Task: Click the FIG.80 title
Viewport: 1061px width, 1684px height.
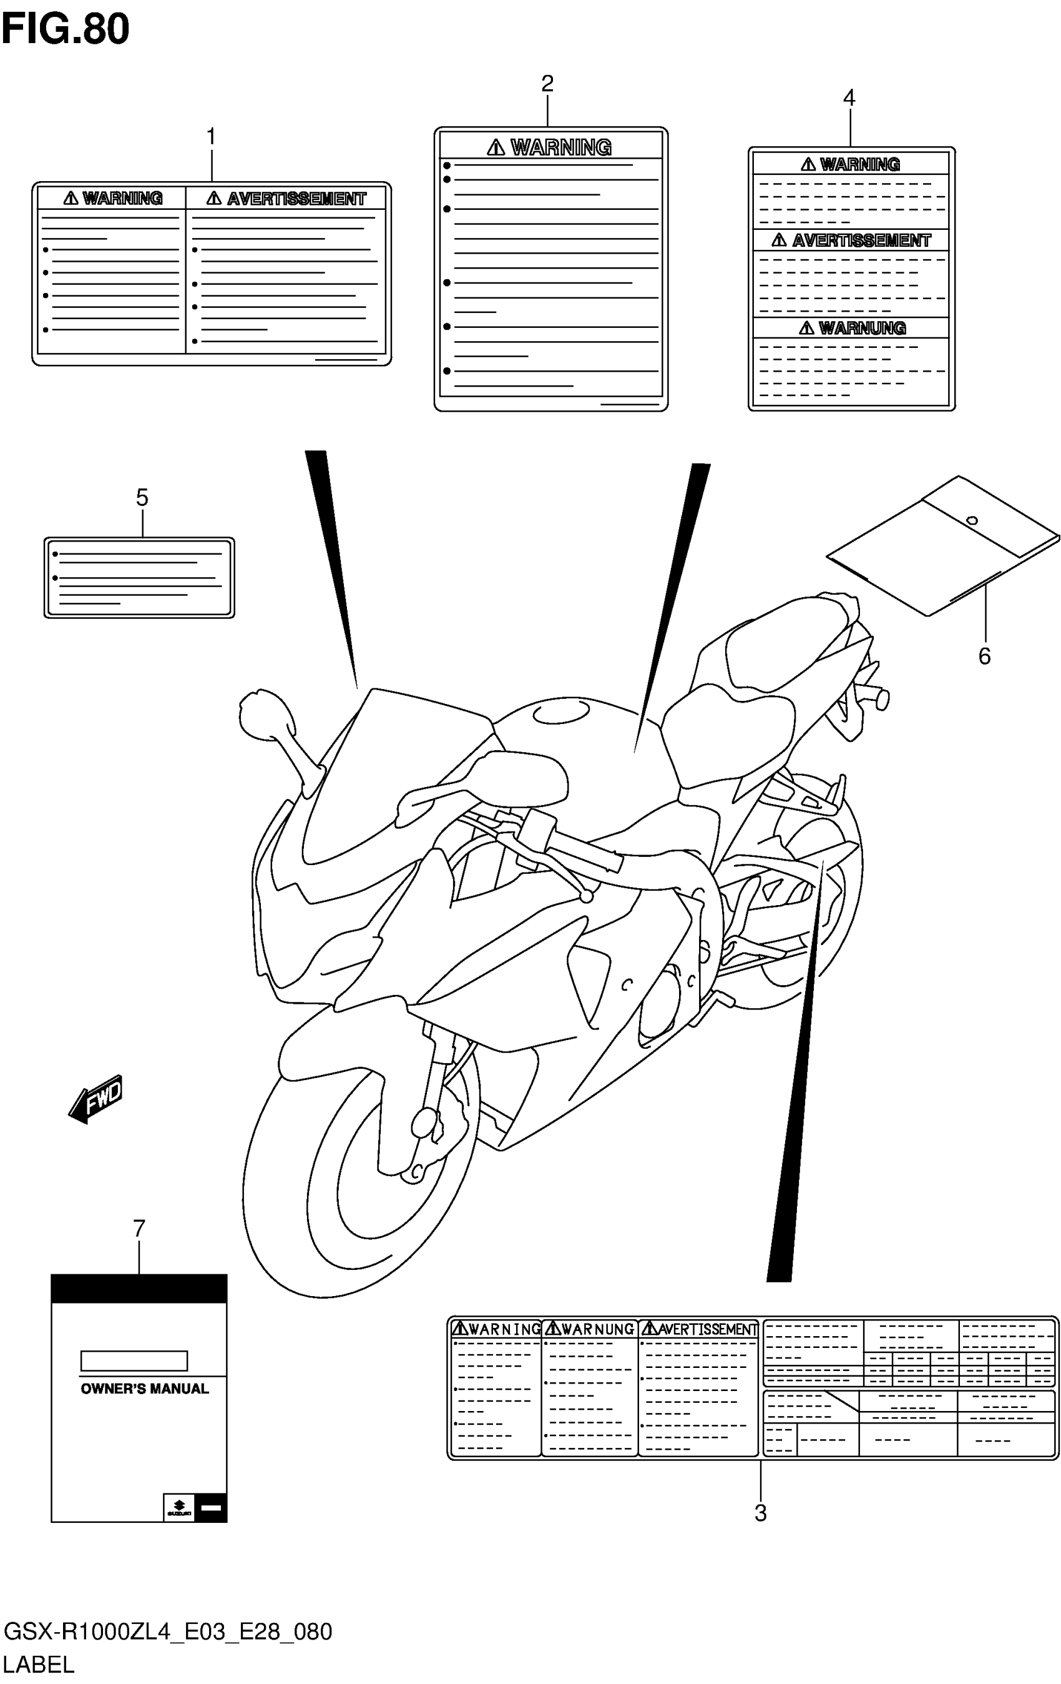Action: tap(65, 29)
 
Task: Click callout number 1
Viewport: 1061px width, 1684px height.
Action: tap(211, 136)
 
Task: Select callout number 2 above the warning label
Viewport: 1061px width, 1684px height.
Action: tap(547, 84)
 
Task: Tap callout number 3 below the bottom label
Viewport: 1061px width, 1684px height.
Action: tap(760, 1513)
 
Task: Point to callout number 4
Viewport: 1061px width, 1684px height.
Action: tap(849, 98)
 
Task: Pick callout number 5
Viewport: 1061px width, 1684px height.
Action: tap(142, 498)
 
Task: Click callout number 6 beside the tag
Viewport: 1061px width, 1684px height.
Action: tap(984, 656)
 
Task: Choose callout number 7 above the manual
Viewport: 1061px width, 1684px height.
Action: tap(139, 1229)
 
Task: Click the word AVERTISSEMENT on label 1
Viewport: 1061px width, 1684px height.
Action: tap(296, 199)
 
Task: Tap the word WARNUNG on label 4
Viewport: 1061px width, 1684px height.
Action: tap(862, 328)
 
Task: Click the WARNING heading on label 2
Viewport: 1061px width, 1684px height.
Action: tap(560, 147)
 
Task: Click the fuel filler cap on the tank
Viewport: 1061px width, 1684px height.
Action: tap(559, 713)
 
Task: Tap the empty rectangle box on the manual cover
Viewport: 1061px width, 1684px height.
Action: tap(134, 1361)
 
